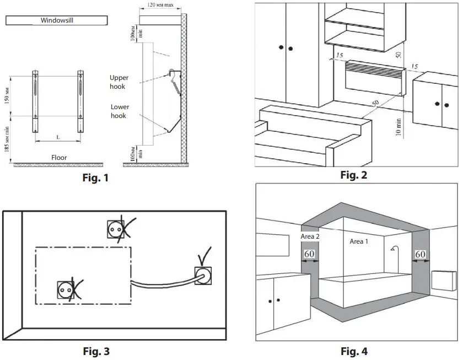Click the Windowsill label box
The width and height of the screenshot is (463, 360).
[57, 20]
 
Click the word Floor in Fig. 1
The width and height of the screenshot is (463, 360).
[59, 158]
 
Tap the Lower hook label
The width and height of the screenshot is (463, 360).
[119, 112]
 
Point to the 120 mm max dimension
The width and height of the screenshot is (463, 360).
[161, 5]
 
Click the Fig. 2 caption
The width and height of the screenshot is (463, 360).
[353, 175]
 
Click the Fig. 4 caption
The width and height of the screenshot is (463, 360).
[353, 351]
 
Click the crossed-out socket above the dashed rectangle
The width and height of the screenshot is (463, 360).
[116, 228]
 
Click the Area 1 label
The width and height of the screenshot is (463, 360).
[360, 241]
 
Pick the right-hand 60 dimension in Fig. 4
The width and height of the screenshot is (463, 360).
[421, 254]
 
